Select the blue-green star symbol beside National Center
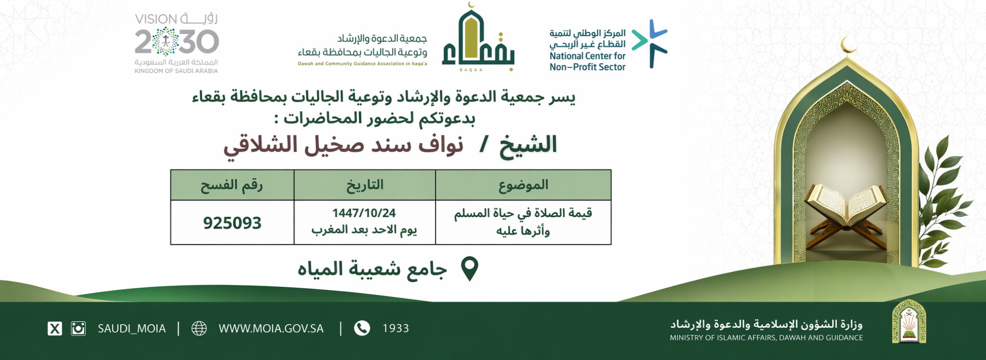650,43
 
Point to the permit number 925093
232,223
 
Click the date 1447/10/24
364,213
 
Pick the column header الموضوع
523,185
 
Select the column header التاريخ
364,185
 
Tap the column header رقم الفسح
232,185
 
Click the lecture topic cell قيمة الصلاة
523,222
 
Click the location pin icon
469,268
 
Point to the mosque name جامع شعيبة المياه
372,269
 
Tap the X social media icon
55,329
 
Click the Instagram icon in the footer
78,329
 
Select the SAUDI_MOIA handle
131,329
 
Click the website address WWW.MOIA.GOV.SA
271,329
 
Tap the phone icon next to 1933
362,328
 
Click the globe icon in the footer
199,329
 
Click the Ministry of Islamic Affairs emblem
909,321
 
